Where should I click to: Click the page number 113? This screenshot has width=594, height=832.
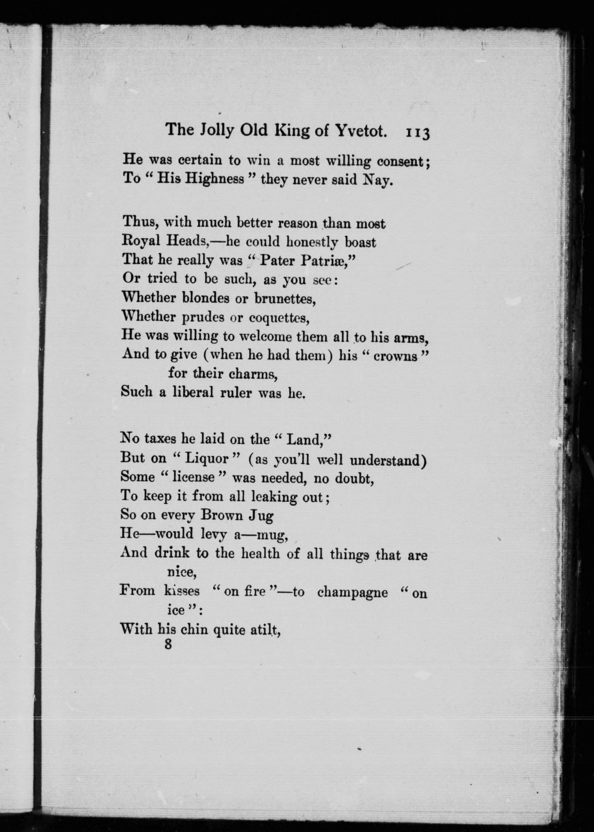[417, 133]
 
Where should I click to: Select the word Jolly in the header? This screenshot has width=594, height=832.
[217, 131]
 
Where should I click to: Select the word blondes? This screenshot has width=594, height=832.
[206, 298]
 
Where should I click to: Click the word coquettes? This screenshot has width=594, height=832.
[279, 317]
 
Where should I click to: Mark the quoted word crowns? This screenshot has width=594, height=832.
[395, 356]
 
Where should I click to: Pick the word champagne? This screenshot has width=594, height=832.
[352, 592]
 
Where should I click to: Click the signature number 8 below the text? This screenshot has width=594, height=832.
[168, 644]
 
